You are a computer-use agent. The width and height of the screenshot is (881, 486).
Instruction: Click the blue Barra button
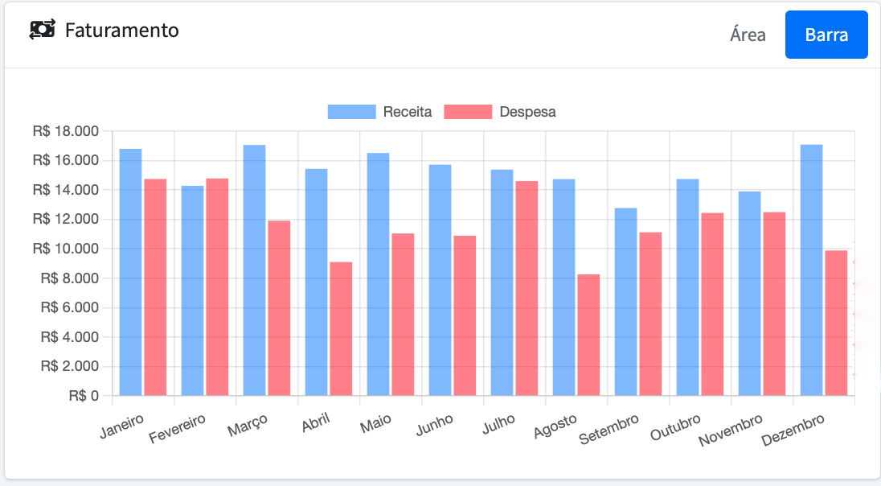[826, 35]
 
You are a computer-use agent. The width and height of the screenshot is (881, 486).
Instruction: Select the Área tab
[748, 35]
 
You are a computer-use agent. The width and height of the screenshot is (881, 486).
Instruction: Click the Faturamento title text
[121, 31]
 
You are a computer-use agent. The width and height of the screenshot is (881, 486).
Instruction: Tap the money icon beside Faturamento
[43, 30]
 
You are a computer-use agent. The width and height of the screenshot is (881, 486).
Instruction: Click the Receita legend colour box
[351, 112]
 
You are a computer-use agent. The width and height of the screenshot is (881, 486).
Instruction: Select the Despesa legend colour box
[468, 112]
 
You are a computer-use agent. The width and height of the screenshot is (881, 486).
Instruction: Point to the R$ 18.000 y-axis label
[65, 131]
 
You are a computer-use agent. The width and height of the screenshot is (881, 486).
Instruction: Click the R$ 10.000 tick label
[65, 249]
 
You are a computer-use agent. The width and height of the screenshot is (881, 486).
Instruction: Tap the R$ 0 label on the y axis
[84, 396]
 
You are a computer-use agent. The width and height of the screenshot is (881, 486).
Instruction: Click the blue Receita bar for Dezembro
[811, 270]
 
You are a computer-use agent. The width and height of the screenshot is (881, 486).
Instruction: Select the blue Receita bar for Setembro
[625, 302]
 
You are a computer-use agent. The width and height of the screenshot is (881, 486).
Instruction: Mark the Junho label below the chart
[435, 425]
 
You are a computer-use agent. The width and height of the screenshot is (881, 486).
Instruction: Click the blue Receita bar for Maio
[378, 274]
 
